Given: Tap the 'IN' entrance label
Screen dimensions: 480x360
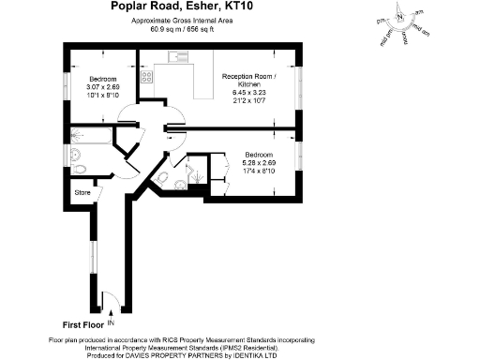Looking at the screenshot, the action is coord(112,322).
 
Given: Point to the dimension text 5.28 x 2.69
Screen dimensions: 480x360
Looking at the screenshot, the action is coord(259,162).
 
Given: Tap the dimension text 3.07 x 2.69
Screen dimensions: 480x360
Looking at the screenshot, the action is coord(102,85).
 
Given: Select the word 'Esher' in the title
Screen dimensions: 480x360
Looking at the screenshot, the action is coord(247,8).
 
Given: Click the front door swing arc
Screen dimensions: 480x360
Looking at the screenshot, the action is coord(107,300).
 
